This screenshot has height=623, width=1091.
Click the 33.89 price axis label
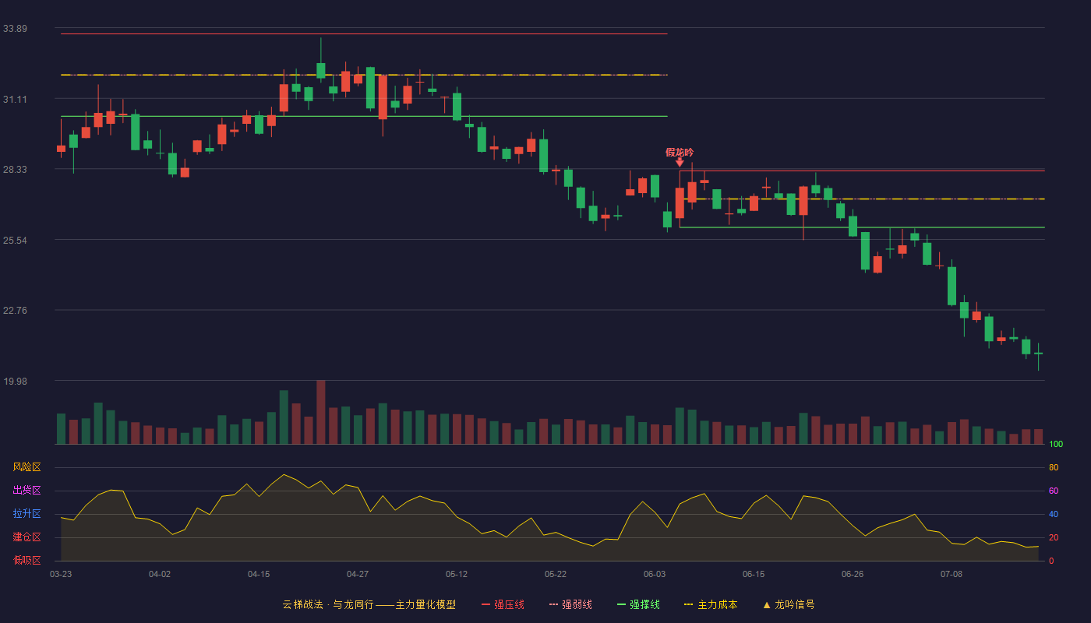(15, 29)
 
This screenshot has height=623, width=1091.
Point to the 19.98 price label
(15, 381)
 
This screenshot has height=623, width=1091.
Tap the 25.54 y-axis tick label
(15, 241)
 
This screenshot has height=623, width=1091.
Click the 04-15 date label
(259, 575)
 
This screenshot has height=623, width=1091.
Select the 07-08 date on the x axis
(952, 575)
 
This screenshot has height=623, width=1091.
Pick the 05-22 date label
(555, 575)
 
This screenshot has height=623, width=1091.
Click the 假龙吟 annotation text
(680, 153)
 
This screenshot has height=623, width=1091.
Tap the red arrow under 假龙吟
(680, 162)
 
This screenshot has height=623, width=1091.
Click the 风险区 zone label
(26, 467)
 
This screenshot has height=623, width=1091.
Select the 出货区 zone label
(26, 490)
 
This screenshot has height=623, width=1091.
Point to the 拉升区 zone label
(26, 513)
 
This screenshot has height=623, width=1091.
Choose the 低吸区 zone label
(26, 560)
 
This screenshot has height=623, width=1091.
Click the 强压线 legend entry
(503, 604)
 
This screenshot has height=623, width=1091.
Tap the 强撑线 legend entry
(638, 604)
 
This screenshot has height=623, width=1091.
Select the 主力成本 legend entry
(711, 604)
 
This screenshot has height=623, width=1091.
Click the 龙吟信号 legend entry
(789, 604)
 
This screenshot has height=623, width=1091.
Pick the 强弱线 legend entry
(570, 604)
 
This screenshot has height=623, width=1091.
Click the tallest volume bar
(321, 412)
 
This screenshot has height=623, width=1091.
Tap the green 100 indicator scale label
(1056, 444)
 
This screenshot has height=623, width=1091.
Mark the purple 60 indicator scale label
(1054, 491)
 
